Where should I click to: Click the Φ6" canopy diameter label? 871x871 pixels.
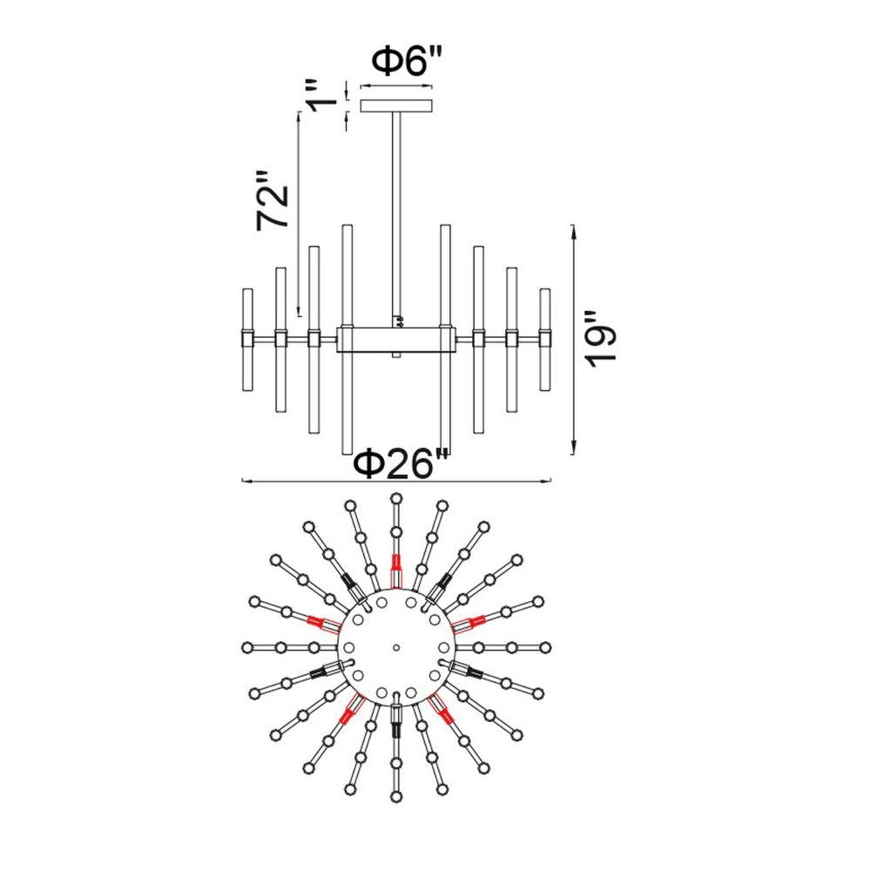tap(407, 61)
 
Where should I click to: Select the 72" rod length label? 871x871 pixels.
tap(273, 201)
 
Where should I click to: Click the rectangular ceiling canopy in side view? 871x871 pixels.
tap(396, 105)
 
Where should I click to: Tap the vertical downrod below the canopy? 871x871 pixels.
tap(396, 217)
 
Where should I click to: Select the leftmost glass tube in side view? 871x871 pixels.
tap(247, 340)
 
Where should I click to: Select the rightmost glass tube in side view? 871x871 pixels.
tap(545, 340)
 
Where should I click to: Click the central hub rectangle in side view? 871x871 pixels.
tap(396, 340)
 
